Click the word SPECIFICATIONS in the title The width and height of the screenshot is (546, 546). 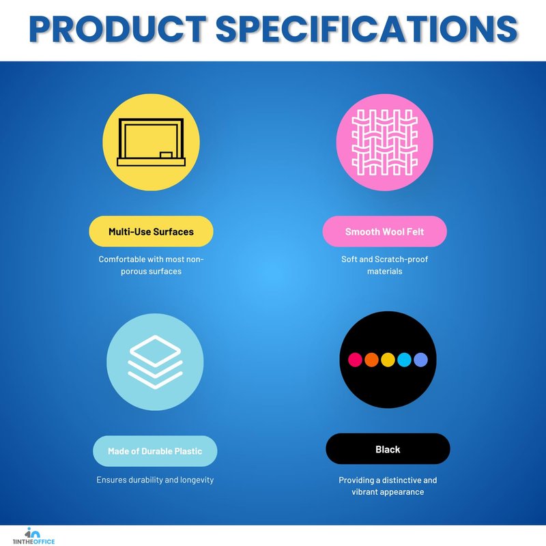pyautogui.click(x=367, y=29)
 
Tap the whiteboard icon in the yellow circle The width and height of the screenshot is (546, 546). pyautogui.click(x=151, y=142)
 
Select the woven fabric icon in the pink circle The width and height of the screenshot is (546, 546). pyautogui.click(x=384, y=142)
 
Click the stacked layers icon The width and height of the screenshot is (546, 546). pyautogui.click(x=155, y=362)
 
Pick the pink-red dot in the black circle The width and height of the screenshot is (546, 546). pyautogui.click(x=355, y=360)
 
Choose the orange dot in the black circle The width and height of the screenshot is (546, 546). pyautogui.click(x=371, y=360)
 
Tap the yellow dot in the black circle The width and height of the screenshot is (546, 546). pyautogui.click(x=388, y=360)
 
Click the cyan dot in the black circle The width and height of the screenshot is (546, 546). pyautogui.click(x=404, y=360)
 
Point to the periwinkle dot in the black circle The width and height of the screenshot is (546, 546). pyautogui.click(x=420, y=360)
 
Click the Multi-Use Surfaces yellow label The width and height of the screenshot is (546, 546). pyautogui.click(x=151, y=231)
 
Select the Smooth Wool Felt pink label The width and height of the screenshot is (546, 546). pyautogui.click(x=384, y=231)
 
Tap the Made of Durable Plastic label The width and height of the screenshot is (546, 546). pyautogui.click(x=155, y=451)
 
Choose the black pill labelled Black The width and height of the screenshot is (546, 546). pyautogui.click(x=388, y=449)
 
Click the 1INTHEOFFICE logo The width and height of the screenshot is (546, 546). pyautogui.click(x=33, y=536)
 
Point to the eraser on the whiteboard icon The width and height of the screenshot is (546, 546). pyautogui.click(x=166, y=155)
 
